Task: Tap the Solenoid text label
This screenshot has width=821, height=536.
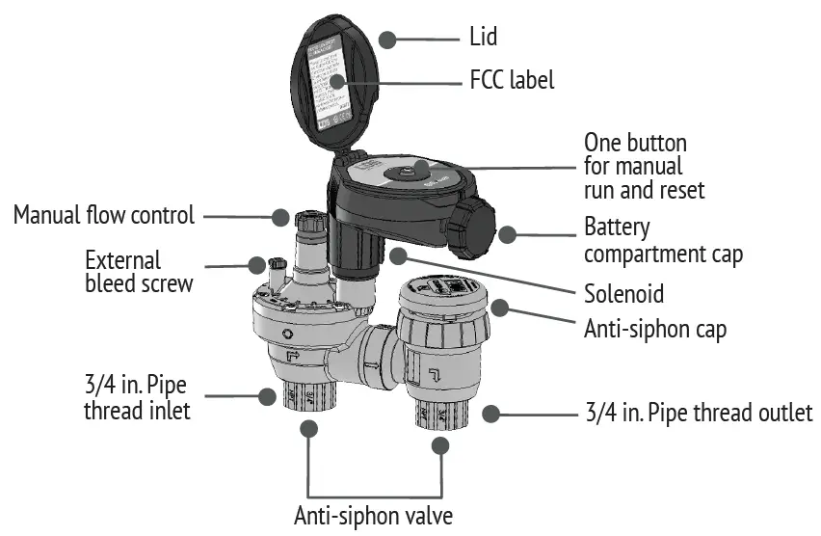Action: pos(624,293)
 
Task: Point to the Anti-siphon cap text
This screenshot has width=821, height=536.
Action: pos(654,328)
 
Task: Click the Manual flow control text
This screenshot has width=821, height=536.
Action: pos(104,214)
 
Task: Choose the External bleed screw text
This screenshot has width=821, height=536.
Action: pos(139,273)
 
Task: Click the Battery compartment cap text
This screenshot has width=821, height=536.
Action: pos(663,241)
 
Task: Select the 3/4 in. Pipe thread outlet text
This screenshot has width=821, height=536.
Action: pos(698,414)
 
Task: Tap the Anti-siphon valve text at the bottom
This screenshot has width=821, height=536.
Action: pos(373,513)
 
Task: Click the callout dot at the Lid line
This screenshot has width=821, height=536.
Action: pos(387,39)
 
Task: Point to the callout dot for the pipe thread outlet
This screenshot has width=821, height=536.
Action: pos(491,414)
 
